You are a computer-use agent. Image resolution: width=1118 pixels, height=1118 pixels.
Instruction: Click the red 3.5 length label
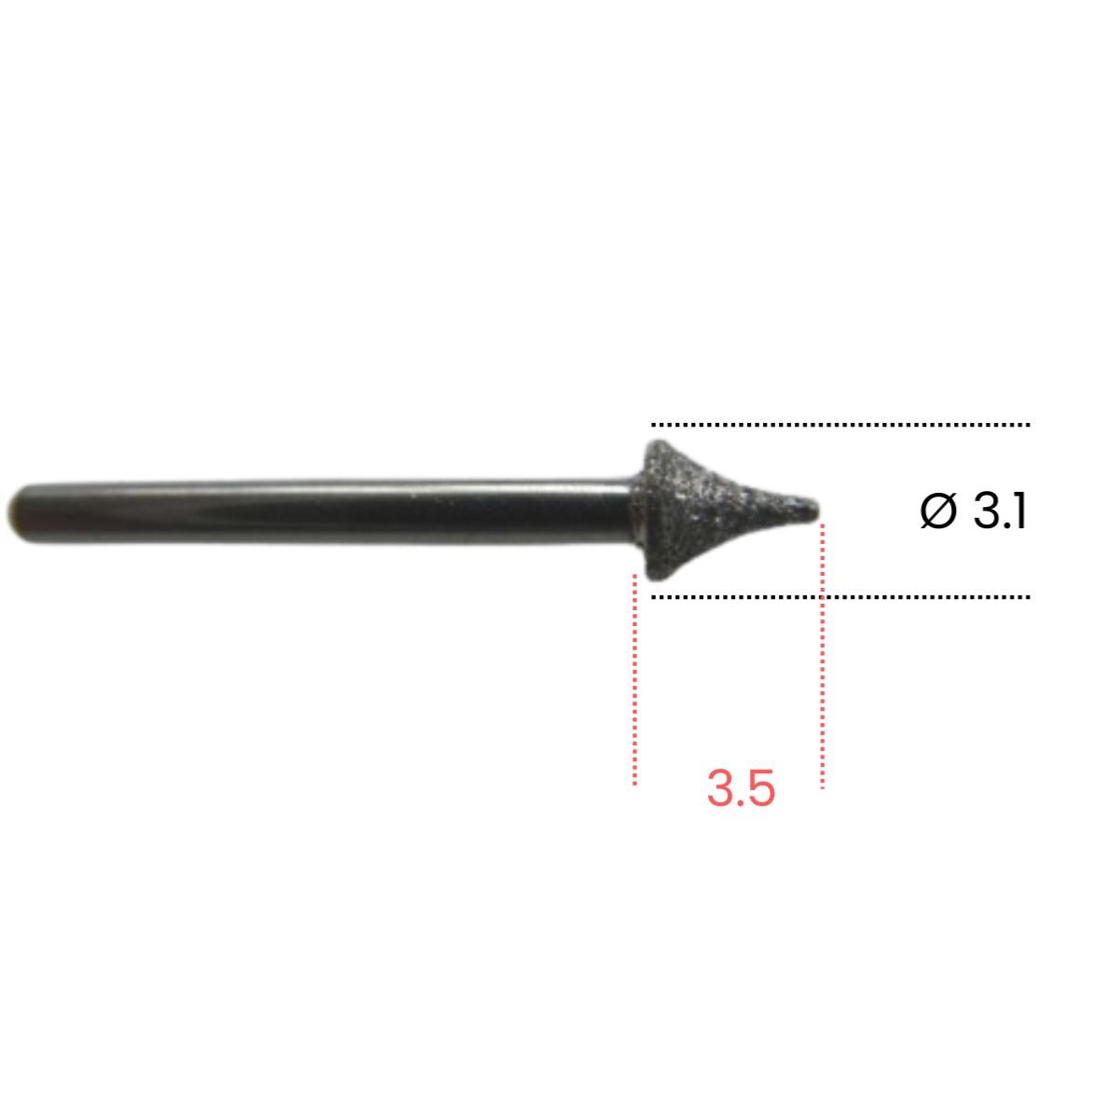(x=741, y=789)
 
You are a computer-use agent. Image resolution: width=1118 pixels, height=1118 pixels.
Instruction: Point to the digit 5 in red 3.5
(x=761, y=789)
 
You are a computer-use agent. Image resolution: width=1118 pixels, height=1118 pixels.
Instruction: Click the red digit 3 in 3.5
(x=721, y=789)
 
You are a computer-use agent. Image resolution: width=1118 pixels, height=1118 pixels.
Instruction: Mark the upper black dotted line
(x=840, y=425)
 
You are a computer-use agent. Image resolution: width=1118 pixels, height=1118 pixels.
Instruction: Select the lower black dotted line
(x=840, y=597)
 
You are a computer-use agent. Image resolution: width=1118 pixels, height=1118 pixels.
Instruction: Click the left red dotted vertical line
(x=635, y=679)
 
